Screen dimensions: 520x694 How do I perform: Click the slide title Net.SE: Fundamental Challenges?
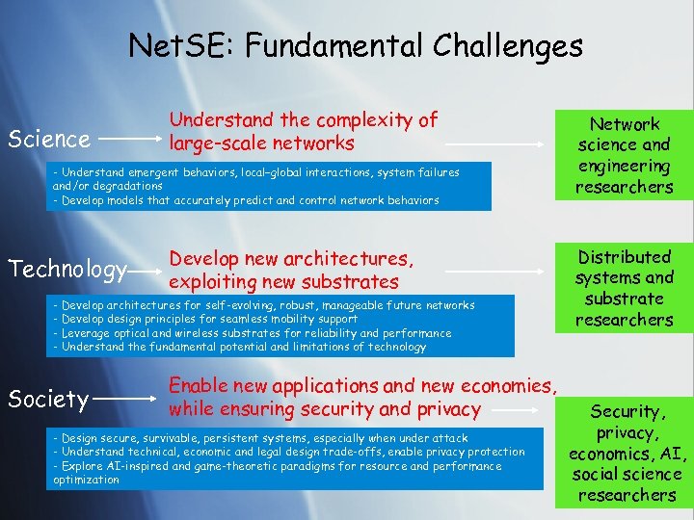(355, 45)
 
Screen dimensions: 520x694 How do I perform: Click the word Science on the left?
(48, 140)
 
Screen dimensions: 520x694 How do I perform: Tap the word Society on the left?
(48, 398)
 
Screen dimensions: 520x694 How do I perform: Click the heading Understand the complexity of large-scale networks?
(303, 132)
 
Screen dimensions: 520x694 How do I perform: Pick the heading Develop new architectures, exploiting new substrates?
(291, 271)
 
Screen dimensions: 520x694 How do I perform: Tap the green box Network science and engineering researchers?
(624, 155)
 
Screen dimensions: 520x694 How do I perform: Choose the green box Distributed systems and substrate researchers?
(624, 288)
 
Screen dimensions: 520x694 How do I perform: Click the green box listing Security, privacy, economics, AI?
(626, 454)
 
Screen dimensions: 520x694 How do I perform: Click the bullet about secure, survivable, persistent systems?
(260, 438)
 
